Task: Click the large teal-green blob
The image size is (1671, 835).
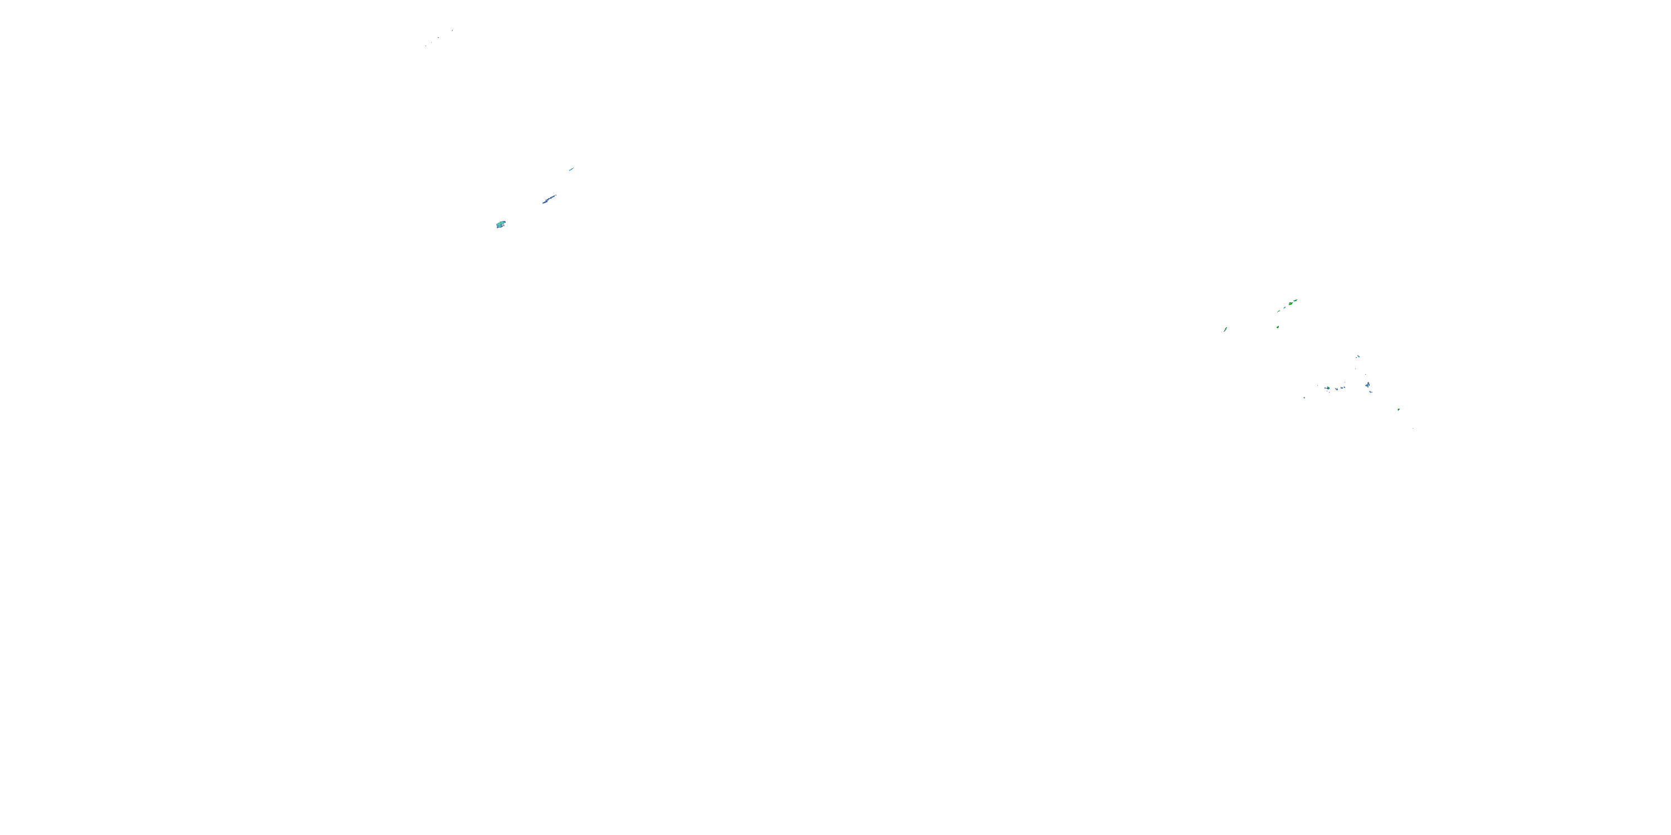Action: (x=500, y=224)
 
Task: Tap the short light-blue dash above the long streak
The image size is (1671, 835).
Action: (x=571, y=169)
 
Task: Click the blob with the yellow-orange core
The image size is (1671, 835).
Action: (x=1291, y=304)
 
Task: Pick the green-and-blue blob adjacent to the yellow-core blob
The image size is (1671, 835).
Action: (x=1296, y=301)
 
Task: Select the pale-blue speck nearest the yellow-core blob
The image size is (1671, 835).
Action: (x=1284, y=308)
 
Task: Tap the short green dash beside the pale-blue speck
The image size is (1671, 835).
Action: (x=1278, y=311)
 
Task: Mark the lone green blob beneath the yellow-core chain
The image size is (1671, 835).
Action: (x=1278, y=327)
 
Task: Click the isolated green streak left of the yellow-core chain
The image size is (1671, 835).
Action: (x=1225, y=330)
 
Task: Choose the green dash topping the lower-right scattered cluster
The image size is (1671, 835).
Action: (x=1359, y=357)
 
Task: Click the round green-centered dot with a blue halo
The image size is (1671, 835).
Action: (x=1328, y=389)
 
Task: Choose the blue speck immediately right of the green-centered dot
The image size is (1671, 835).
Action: (x=1336, y=389)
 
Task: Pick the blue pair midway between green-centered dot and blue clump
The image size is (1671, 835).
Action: (x=1343, y=387)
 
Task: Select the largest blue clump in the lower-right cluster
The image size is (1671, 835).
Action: (x=1368, y=385)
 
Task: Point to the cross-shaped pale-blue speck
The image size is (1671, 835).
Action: (x=1304, y=398)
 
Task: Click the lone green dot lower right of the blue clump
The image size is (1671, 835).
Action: (x=1399, y=410)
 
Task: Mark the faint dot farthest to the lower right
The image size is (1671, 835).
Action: (x=1413, y=429)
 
